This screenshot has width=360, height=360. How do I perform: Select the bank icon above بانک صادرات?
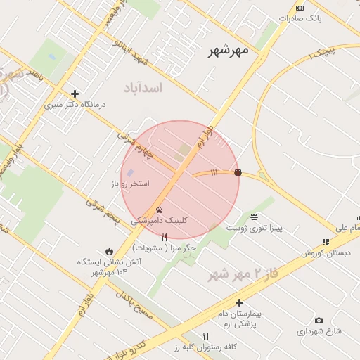(x=300, y=8)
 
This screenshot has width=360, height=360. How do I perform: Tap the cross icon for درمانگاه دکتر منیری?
(x=75, y=93)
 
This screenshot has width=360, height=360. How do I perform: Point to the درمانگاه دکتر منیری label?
(x=75, y=104)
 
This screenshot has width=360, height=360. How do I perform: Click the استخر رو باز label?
(x=130, y=184)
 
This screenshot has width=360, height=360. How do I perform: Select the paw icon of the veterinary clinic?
(x=160, y=210)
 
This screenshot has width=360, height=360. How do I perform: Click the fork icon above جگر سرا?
(x=164, y=238)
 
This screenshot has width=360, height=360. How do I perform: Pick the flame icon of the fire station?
(x=109, y=251)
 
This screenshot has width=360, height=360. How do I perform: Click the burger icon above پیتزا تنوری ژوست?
(x=253, y=217)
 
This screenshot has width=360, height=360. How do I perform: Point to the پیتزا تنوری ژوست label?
(x=253, y=228)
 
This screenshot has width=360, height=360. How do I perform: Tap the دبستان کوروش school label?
(x=326, y=252)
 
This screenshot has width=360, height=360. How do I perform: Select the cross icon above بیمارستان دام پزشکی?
(x=239, y=302)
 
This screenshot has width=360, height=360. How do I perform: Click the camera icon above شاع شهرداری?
(x=319, y=320)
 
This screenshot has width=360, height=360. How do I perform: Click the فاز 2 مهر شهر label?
(x=243, y=273)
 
